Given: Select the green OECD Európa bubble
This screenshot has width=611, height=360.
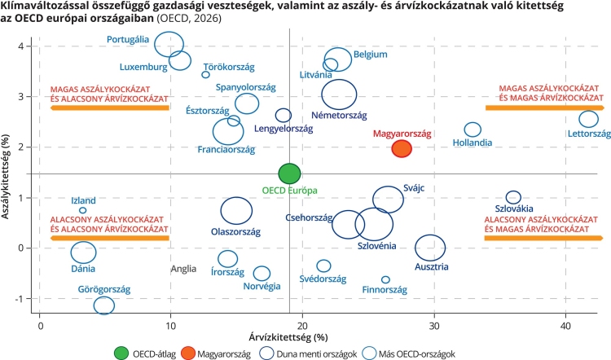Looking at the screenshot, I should click(x=289, y=173).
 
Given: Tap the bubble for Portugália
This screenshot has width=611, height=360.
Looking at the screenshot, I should click(x=169, y=43).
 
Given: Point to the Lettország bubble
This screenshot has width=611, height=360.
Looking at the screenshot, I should click(x=588, y=119).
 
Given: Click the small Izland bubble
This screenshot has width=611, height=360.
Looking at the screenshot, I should click(x=83, y=210).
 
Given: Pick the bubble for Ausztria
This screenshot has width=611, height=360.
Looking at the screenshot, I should click(x=430, y=248).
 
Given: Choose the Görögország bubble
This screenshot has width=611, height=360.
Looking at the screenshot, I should click(x=103, y=305).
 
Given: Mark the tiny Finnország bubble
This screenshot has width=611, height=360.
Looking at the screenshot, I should click(x=385, y=279).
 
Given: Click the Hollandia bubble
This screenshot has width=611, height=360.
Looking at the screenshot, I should click(x=473, y=129).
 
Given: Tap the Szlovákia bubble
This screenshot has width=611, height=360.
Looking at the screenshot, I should click(x=513, y=197).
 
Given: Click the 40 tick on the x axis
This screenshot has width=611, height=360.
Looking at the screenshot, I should click(x=565, y=325).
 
